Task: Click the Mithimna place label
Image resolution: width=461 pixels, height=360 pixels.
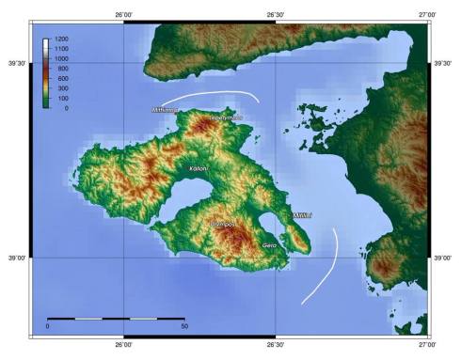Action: pyautogui.click(x=166, y=110)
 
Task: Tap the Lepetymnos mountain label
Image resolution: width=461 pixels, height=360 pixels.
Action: pyautogui.click(x=226, y=117)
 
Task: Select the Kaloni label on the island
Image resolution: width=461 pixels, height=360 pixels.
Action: pyautogui.click(x=199, y=168)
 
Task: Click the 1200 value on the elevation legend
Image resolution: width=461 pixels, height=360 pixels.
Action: pyautogui.click(x=61, y=39)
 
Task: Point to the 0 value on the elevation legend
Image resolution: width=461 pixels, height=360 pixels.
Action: pyautogui.click(x=66, y=108)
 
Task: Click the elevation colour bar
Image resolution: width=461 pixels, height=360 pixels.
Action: pyautogui.click(x=47, y=73)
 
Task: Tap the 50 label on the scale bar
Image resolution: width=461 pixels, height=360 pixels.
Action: pyautogui.click(x=184, y=326)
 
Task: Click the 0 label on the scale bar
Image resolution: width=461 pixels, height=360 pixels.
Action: pyautogui.click(x=47, y=326)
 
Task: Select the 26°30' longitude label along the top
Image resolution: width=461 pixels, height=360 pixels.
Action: pyautogui.click(x=276, y=14)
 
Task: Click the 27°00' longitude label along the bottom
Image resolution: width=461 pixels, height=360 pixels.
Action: pyautogui.click(x=427, y=345)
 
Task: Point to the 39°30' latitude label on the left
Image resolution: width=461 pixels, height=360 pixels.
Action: pyautogui.click(x=16, y=63)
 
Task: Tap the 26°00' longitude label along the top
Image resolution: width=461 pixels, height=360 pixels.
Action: pyautogui.click(x=124, y=14)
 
